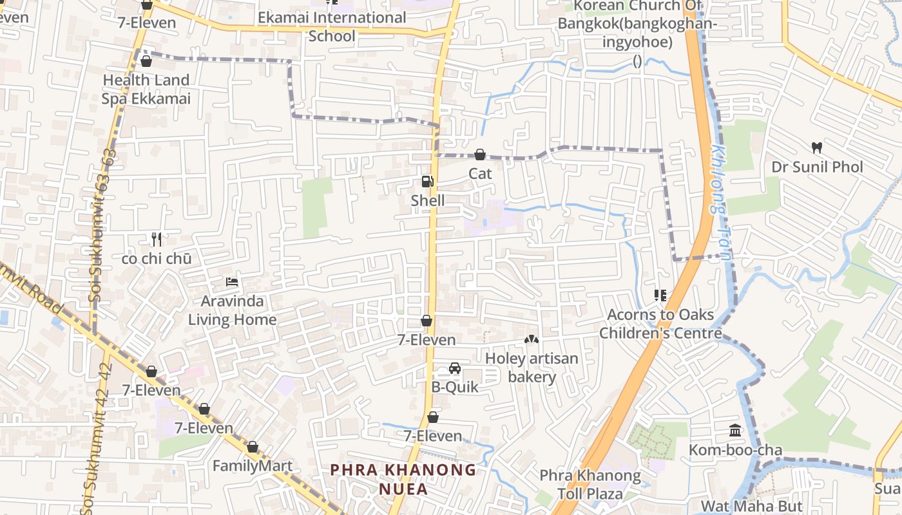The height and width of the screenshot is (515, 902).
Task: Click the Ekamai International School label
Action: pos(332,26)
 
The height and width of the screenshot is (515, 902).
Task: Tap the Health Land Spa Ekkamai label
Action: pos(146,89)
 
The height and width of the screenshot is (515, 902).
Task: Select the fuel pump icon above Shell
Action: pos(427,182)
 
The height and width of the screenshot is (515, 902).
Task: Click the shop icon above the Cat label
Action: pos(480,154)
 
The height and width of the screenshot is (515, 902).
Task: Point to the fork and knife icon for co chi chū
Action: pos(156,239)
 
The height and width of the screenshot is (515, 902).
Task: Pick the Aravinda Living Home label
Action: pos(232,310)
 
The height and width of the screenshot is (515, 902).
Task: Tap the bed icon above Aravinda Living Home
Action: pos(232,282)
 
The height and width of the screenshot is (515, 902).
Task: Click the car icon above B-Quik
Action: pos(455,368)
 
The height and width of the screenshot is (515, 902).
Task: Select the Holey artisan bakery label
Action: pos(532,368)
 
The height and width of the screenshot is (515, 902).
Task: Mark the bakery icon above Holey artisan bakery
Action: pos(532,339)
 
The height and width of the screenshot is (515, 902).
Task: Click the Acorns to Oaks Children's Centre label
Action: pos(660,324)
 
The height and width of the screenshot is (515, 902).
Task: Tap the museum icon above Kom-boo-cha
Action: pos(735,431)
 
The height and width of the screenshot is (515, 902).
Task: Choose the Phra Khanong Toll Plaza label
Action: pos(590,485)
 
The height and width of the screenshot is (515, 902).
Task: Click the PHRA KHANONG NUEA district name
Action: pos(403,479)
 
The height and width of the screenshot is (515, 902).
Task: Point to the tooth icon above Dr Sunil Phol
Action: pos(817,147)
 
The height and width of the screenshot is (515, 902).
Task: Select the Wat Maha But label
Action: pos(751,506)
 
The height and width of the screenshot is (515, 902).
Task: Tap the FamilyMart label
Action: pos(253,465)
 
